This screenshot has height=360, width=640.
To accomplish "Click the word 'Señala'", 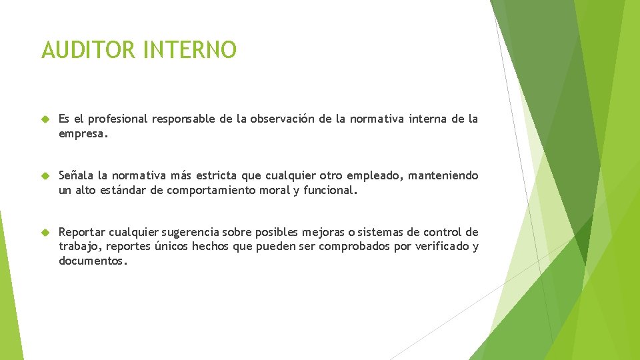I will click(x=76, y=176).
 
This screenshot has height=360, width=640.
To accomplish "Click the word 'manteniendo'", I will click(x=443, y=176).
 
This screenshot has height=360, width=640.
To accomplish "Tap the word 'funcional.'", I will click(x=330, y=190).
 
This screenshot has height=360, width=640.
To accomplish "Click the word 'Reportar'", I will click(x=81, y=233).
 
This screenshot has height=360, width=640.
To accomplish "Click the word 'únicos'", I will click(x=173, y=247).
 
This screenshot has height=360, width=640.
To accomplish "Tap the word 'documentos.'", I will click(x=93, y=261).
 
